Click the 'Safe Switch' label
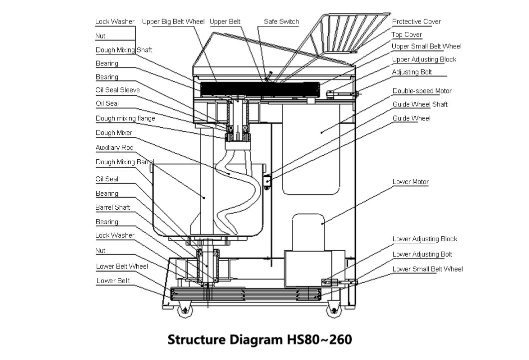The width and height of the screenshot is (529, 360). pos(281,21)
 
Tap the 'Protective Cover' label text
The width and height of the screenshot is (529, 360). pos(416,21)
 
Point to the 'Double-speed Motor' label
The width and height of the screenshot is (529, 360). pos(422,91)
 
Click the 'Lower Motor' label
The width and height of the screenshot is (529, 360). pos(410,182)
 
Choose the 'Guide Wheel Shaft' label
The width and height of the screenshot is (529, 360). pos(420,104)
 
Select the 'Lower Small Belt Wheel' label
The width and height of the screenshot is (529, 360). pos(427,269)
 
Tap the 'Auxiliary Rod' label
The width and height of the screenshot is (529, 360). pos(114,148)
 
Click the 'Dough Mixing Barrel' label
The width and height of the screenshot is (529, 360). pos(124,162)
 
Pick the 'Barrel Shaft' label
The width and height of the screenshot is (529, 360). pos(113,207)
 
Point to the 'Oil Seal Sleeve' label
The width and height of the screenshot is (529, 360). pos(117,90)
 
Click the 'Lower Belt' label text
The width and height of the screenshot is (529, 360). pos(113,281)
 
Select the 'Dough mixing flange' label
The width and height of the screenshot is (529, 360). pos(125,118)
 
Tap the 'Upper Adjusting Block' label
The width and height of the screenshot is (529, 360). pos(424,59)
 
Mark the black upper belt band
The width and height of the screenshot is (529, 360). pos(260,89)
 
